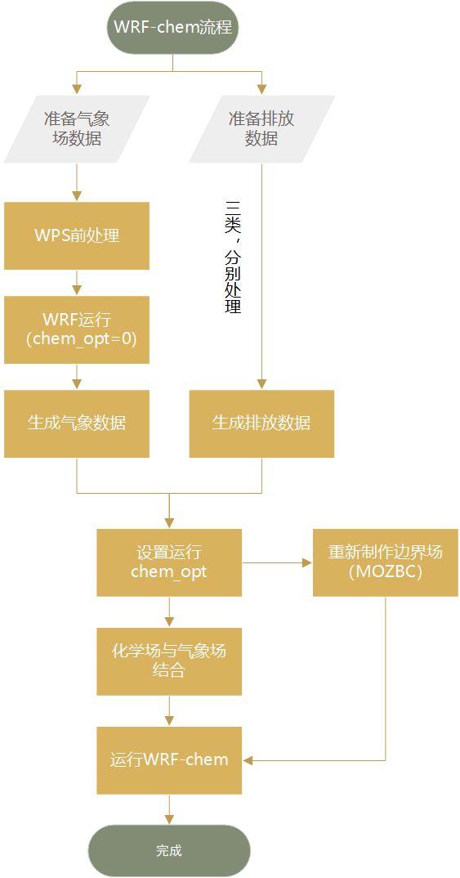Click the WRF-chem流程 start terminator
coord(172,27)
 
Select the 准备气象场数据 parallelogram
coord(77,129)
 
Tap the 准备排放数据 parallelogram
coord(261,129)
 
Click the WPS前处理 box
coord(77,235)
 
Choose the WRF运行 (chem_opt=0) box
coord(77,329)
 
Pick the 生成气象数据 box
coord(77,423)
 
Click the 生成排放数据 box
coord(261,423)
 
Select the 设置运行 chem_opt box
coord(169,562)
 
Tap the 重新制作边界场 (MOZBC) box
coord(385,562)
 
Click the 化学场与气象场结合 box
coord(169,661)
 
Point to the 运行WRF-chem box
coord(169,760)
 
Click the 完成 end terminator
coord(169,851)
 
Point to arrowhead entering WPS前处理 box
coord(77,196)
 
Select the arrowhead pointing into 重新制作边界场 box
coord(307,562)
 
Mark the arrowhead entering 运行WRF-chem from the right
coord(248,760)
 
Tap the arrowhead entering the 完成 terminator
coord(169,819)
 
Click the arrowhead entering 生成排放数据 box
coord(261,384)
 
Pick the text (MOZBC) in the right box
coord(385,572)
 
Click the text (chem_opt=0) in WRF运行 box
coord(77,338)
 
